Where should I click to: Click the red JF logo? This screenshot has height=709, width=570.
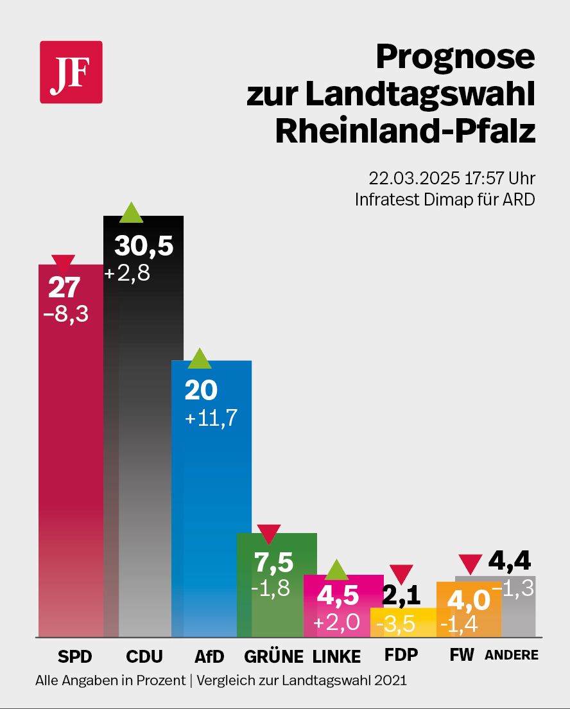[x=71, y=72]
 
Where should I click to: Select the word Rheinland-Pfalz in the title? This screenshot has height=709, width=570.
[x=405, y=130]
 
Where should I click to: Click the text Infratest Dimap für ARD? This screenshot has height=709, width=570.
[x=445, y=200]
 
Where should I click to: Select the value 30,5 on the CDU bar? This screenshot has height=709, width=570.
[x=144, y=245]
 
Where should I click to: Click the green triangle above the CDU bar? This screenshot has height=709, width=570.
[x=131, y=212]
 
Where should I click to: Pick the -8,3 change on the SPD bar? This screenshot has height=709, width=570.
[x=64, y=315]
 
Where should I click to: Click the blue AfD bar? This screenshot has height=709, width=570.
[x=211, y=514]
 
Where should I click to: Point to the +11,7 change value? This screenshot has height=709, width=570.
[x=211, y=418]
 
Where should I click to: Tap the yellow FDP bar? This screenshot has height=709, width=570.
[x=403, y=622]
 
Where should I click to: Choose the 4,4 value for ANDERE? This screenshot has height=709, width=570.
[x=510, y=563]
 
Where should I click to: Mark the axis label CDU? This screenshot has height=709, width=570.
[x=144, y=656]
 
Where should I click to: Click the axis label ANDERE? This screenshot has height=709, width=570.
[x=511, y=656]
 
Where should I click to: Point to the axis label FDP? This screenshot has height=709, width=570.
[x=401, y=655]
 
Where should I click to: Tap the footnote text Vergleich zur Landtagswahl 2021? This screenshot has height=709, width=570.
[x=302, y=680]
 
